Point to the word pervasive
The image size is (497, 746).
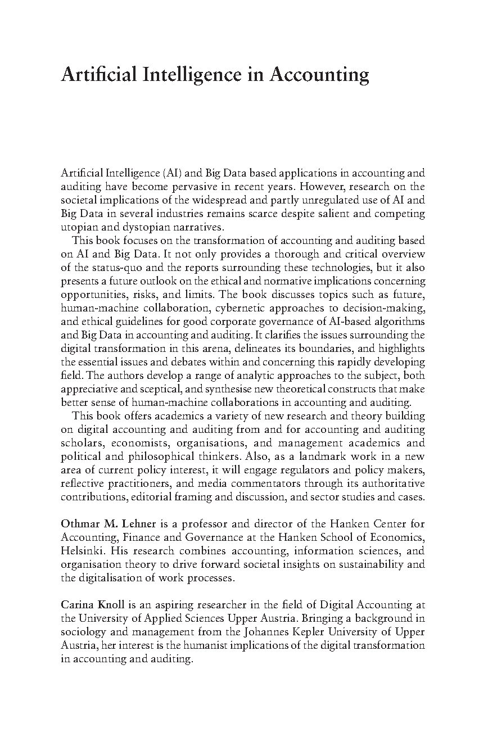click(x=240, y=187)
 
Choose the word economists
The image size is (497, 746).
click(x=139, y=443)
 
